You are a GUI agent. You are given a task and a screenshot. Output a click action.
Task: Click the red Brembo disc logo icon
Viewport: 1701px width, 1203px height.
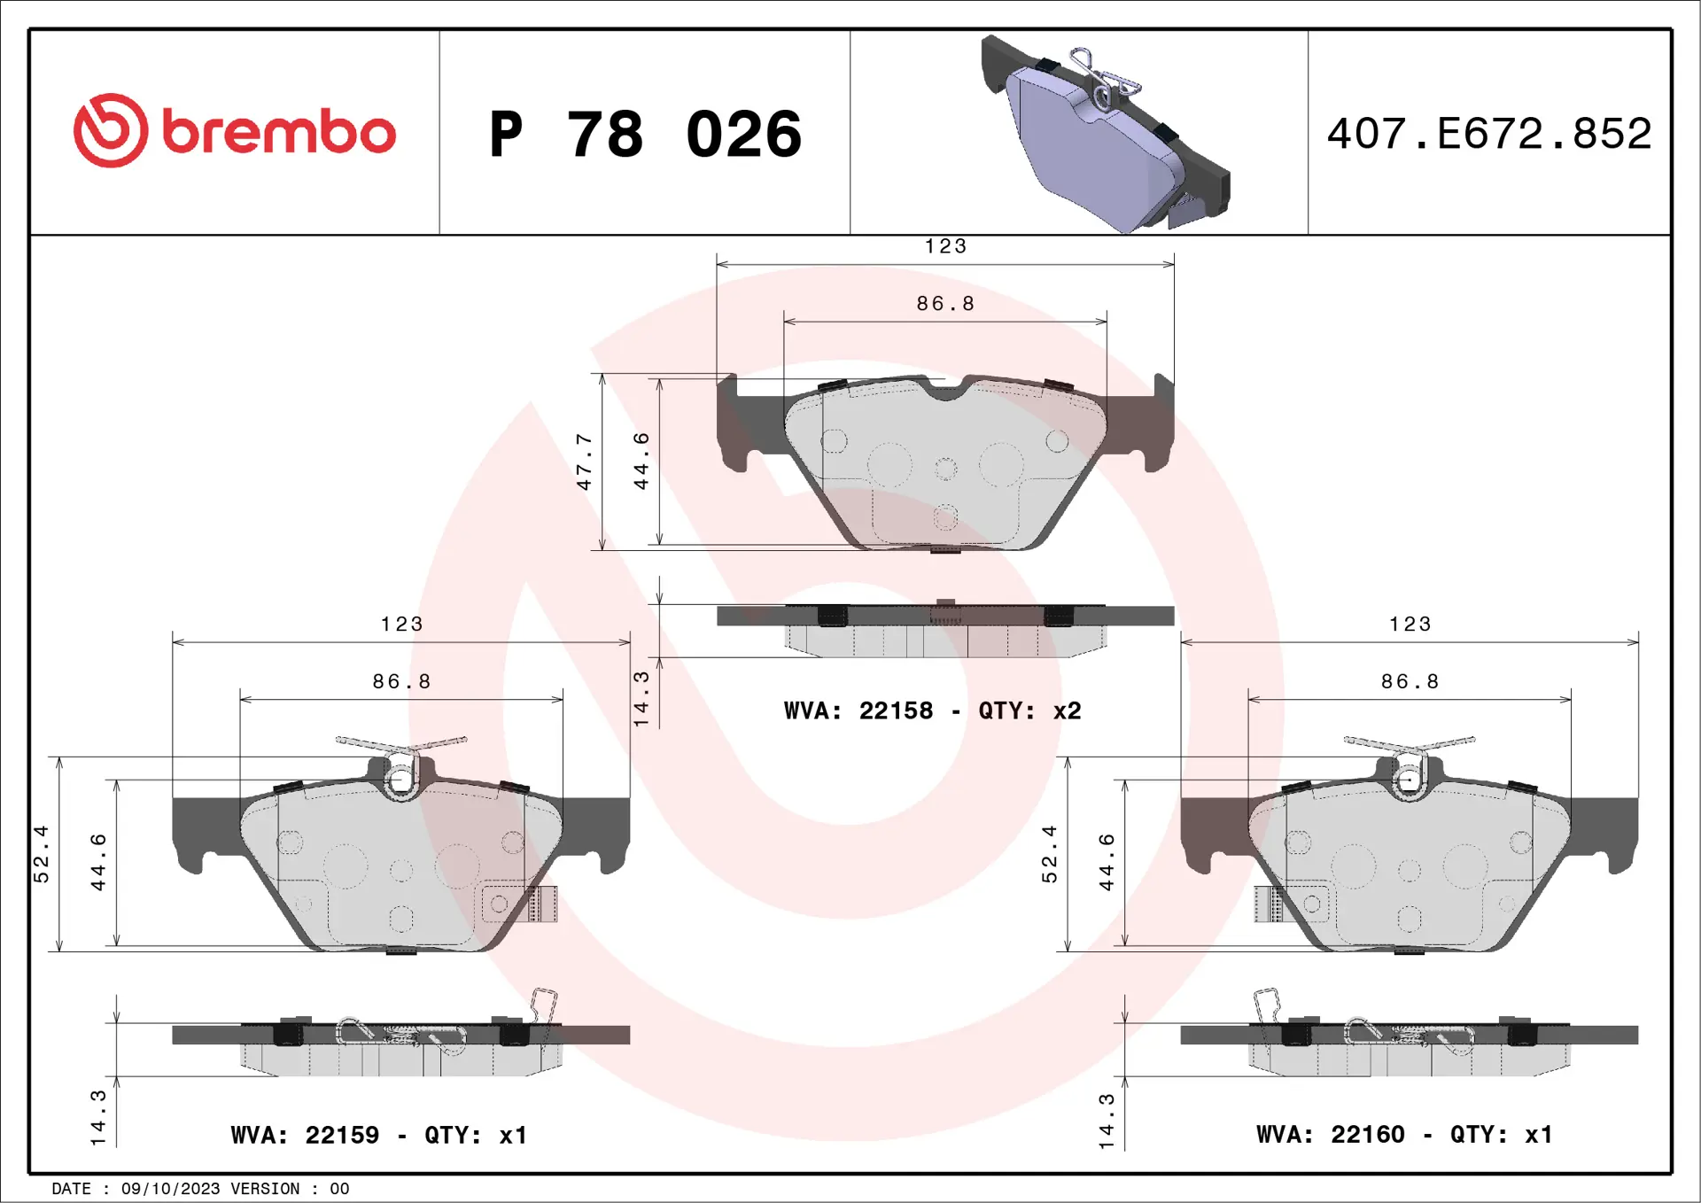pos(110,131)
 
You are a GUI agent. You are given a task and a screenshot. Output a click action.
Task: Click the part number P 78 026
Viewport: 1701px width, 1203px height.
pos(645,135)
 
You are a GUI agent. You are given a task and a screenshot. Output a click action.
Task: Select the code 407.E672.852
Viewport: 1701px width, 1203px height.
pos(1489,134)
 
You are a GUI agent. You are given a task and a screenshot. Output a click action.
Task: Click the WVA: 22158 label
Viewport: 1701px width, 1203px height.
pos(858,710)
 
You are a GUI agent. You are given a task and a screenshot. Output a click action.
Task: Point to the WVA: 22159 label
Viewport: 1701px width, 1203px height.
pos(305,1135)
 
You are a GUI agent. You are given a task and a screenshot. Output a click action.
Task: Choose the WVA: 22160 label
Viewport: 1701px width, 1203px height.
pos(1330,1134)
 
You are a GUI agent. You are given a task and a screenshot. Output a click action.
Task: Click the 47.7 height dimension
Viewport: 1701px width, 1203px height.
pos(584,462)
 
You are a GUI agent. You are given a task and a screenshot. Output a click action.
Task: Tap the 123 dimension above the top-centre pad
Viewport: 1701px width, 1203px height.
pos(945,246)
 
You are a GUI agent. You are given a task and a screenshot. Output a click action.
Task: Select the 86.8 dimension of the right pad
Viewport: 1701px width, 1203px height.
pos(1410,681)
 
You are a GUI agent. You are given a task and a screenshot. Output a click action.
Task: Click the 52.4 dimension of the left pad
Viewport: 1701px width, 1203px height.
pos(42,854)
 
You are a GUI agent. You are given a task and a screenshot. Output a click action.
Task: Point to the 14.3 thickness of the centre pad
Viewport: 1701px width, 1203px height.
pos(641,699)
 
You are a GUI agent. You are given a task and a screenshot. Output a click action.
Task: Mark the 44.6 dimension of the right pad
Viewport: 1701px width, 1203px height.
pos(1107,862)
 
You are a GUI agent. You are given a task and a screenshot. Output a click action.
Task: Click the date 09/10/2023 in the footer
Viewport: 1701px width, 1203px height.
pos(170,1189)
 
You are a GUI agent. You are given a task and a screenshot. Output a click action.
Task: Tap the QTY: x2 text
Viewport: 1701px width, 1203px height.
pos(1029,710)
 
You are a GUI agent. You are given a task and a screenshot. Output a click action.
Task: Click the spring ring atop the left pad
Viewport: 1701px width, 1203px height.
pos(401,779)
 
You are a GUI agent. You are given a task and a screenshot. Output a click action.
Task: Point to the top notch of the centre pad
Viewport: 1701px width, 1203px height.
pos(945,388)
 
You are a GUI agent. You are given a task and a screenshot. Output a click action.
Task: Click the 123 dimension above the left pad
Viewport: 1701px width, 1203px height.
pos(401,624)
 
